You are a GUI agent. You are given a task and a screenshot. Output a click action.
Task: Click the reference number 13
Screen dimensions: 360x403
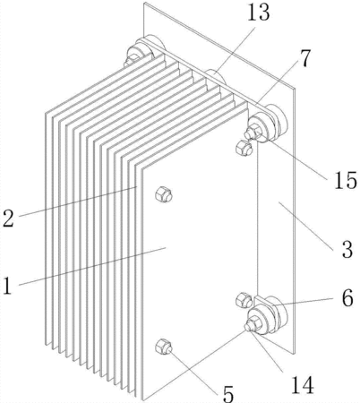pyautogui.click(x=259, y=13)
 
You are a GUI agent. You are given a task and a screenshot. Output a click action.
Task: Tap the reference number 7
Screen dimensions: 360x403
pyautogui.click(x=304, y=58)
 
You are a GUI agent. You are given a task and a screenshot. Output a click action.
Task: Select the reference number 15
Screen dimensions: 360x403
pyautogui.click(x=345, y=180)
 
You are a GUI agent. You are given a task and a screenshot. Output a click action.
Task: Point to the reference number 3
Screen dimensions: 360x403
pyautogui.click(x=347, y=249)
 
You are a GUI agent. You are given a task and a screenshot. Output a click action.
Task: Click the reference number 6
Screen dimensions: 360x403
pyautogui.click(x=347, y=298)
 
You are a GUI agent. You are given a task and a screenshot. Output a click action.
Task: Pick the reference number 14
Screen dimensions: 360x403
pyautogui.click(x=302, y=384)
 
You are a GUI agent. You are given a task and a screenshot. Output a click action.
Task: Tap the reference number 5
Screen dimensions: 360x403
pyautogui.click(x=228, y=394)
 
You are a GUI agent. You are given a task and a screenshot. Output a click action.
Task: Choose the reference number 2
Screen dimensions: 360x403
pyautogui.click(x=8, y=219)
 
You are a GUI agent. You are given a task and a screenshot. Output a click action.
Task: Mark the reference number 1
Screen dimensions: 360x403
pyautogui.click(x=7, y=286)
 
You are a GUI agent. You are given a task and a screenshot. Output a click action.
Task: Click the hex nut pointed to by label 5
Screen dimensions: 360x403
pyautogui.click(x=164, y=347)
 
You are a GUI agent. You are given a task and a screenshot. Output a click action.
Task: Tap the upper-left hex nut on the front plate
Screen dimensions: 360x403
pyautogui.click(x=164, y=194)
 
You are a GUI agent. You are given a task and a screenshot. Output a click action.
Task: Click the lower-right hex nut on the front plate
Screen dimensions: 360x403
pyautogui.click(x=244, y=300)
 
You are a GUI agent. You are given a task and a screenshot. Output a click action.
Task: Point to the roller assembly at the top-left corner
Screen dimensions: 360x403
pyautogui.click(x=143, y=51)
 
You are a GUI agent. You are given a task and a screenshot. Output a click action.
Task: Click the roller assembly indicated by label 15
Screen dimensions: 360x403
pyautogui.click(x=266, y=124)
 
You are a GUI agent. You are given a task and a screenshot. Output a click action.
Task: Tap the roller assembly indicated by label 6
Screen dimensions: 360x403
pyautogui.click(x=266, y=316)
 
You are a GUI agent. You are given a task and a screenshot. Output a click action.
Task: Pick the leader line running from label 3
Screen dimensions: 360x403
pyautogui.click(x=306, y=224)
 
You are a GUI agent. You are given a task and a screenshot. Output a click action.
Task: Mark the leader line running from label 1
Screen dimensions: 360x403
pyautogui.click(x=92, y=266)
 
